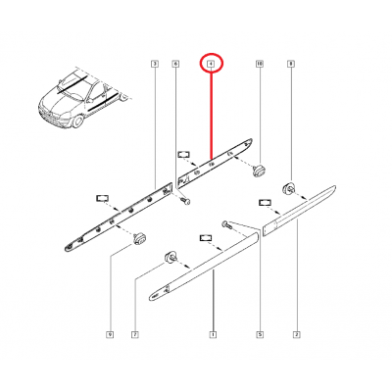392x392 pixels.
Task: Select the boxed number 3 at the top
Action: (155, 65)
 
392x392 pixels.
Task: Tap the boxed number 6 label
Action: (175, 65)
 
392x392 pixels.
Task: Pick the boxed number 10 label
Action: (260, 65)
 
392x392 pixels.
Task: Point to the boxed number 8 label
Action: (290, 65)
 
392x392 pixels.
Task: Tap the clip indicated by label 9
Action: (138, 237)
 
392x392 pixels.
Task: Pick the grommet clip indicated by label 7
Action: (169, 258)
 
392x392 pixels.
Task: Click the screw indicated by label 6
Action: (183, 201)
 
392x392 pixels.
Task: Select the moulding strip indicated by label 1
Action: (206, 266)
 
